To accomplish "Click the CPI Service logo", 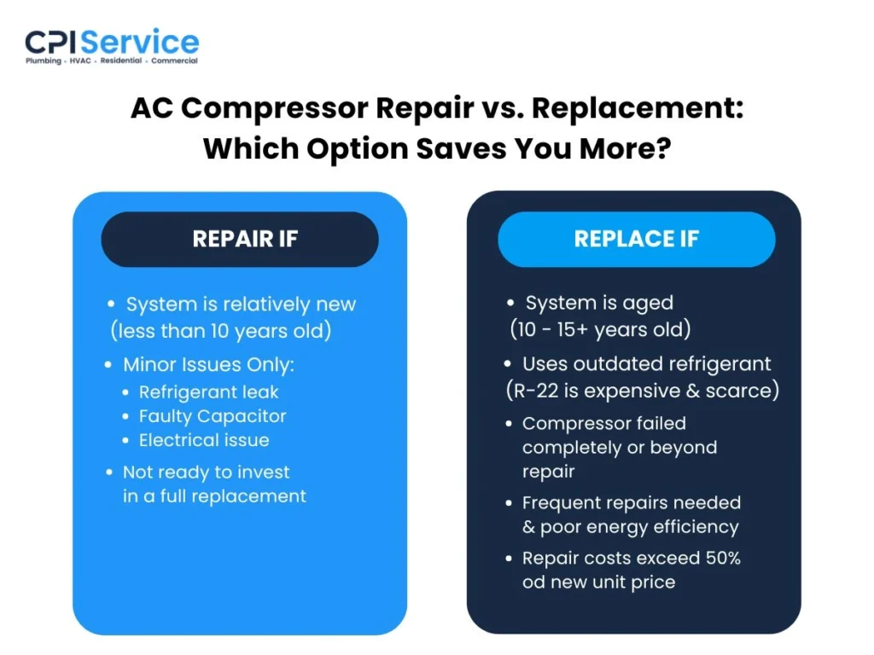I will [x=112, y=43].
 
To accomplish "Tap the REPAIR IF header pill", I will [x=240, y=239].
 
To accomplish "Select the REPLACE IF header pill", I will [x=636, y=239].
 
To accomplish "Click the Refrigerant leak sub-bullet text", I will [x=209, y=392].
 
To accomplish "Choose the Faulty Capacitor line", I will [x=213, y=416].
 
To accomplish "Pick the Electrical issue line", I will [x=204, y=440].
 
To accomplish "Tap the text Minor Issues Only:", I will [x=208, y=364].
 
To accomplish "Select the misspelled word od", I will [x=535, y=583].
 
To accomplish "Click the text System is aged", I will [x=599, y=303].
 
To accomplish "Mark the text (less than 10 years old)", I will [x=220, y=330].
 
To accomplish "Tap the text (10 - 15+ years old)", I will [x=600, y=328].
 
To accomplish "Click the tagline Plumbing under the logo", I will [x=43, y=61].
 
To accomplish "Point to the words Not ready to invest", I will [x=206, y=472].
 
